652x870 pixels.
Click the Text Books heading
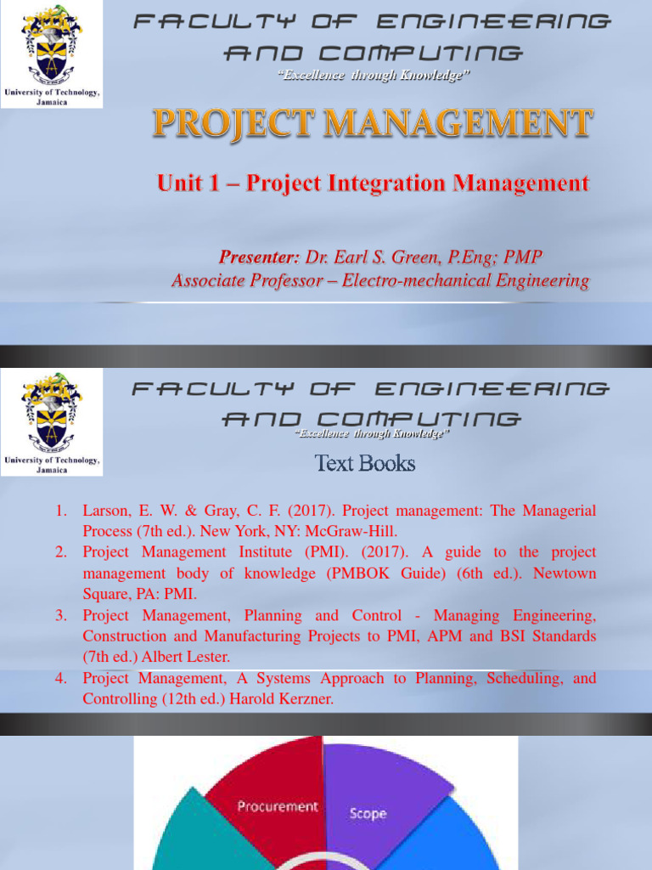[x=365, y=463]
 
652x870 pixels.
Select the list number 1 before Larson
[x=61, y=511]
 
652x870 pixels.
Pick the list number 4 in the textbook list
[x=61, y=678]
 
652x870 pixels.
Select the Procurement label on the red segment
[x=278, y=806]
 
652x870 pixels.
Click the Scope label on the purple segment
[x=368, y=813]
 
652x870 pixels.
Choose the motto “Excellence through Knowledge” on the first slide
[x=374, y=76]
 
